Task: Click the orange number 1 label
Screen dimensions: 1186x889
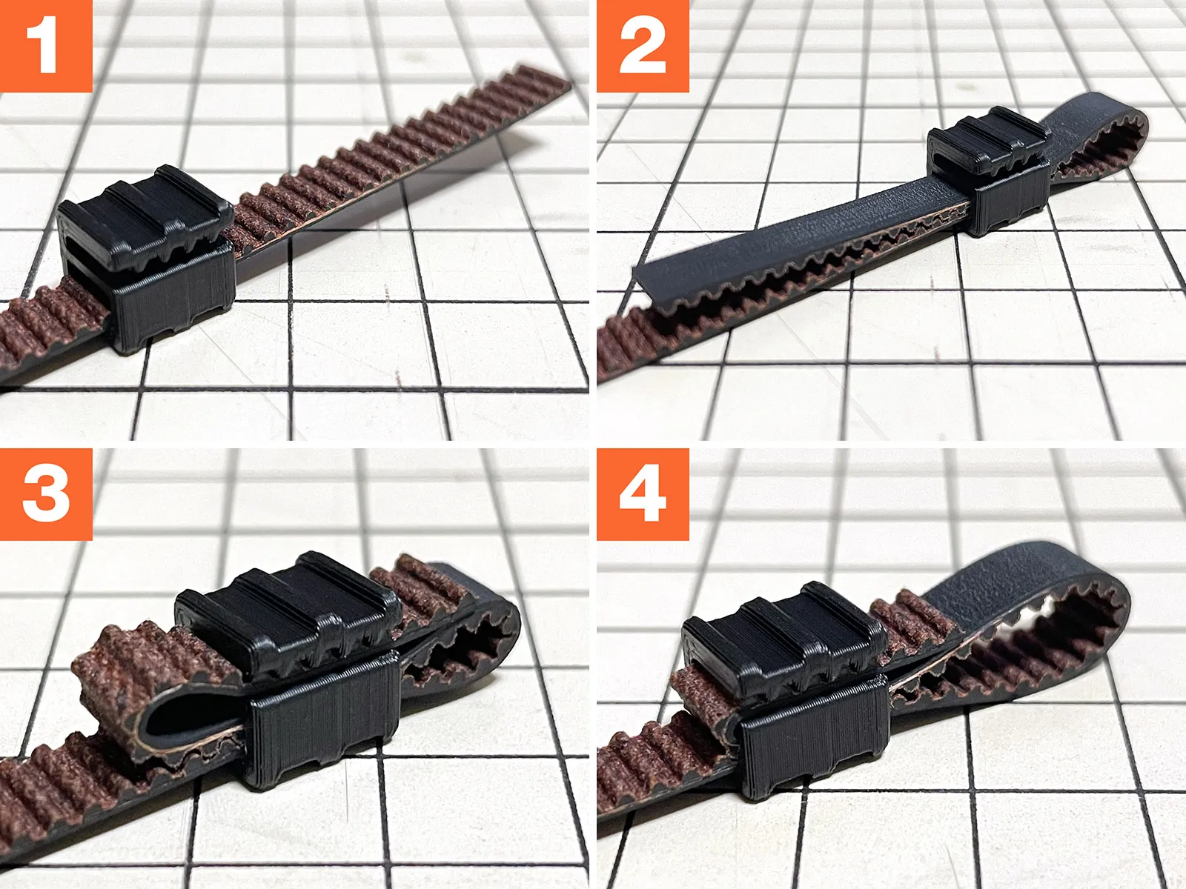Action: coord(46,46)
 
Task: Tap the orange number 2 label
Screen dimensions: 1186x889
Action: coord(643,46)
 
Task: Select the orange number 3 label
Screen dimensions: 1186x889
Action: coord(46,494)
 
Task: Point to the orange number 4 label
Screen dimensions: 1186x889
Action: coord(643,494)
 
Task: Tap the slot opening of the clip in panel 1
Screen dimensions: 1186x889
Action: coord(89,253)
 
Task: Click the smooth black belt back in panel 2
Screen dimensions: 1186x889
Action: coord(810,227)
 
